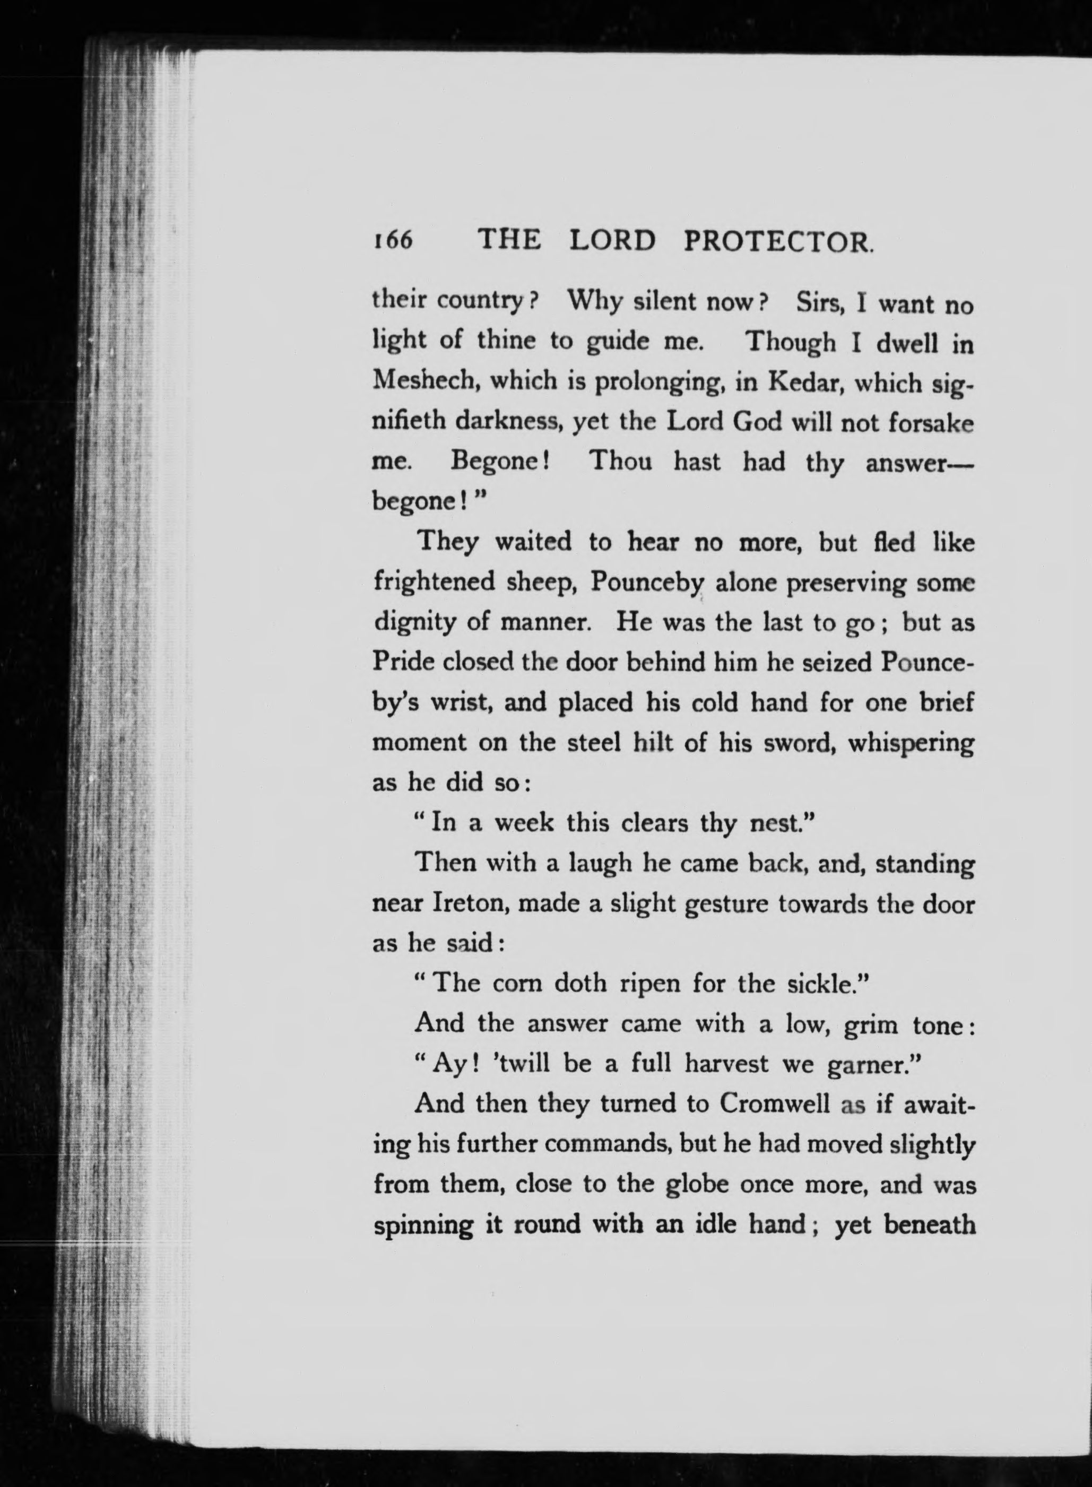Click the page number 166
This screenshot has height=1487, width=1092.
pyautogui.click(x=392, y=240)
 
